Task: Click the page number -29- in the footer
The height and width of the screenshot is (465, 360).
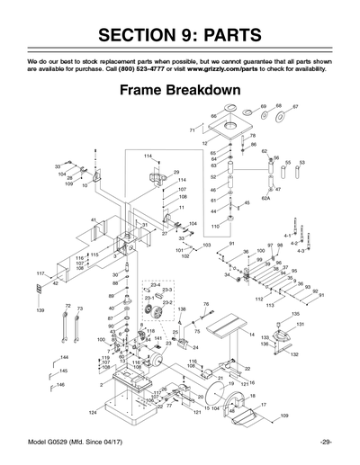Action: pos(326,442)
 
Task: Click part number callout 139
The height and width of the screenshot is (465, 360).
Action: pos(40,310)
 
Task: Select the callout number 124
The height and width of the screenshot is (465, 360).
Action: pos(93,412)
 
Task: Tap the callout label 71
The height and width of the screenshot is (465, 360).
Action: pos(193,131)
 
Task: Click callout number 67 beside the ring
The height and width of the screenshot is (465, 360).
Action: pos(295,106)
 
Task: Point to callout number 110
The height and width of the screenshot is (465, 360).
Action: pos(215,226)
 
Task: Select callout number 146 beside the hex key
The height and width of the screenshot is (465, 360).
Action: pos(61,385)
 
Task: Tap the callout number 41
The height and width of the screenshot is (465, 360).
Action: pos(94,219)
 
